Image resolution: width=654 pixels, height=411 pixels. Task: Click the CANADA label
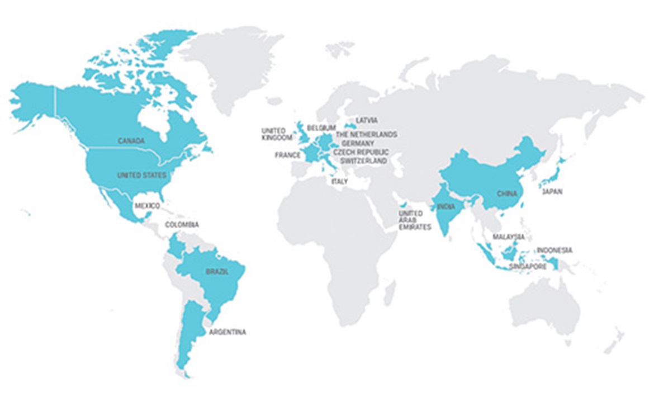click(131, 140)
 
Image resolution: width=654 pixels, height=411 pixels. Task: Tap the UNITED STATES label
click(141, 176)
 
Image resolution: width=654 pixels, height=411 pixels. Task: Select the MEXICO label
click(147, 206)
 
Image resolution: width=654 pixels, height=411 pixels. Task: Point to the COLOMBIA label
click(182, 225)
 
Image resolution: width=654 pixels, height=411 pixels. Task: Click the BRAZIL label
click(217, 272)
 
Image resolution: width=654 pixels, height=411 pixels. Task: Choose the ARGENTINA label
click(227, 332)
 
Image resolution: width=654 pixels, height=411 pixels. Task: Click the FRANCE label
click(288, 155)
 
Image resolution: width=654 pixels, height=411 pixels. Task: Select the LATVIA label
click(367, 120)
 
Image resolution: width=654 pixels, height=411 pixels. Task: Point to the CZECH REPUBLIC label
click(361, 152)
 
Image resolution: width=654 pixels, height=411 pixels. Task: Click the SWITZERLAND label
click(360, 161)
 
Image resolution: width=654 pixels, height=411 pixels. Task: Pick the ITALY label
click(339, 182)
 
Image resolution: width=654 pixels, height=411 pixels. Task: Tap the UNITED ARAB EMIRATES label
click(415, 220)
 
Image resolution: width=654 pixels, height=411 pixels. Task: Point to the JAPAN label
click(552, 192)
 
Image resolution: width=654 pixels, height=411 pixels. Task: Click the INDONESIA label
click(555, 250)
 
